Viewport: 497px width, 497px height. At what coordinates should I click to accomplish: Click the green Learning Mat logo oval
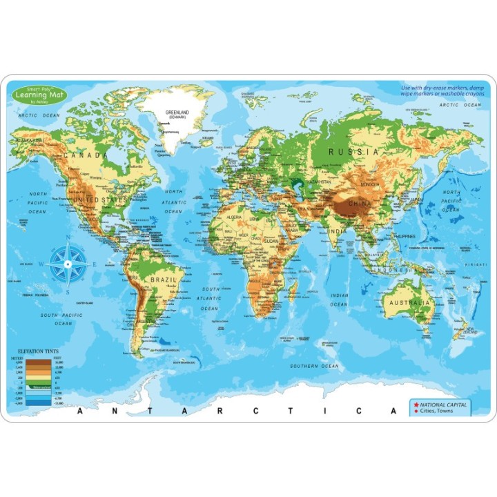[x=39, y=95]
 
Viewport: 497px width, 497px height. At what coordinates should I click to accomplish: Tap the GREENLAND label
[x=178, y=113]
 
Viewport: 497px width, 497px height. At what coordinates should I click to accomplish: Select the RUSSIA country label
[x=353, y=150]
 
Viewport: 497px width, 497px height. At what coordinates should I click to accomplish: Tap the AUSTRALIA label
[x=409, y=302]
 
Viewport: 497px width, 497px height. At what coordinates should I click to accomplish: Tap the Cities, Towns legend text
[x=439, y=411]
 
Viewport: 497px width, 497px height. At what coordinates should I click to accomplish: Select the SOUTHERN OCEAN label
[x=314, y=366]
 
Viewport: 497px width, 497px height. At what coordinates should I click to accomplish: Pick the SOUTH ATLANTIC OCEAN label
[x=211, y=298]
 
